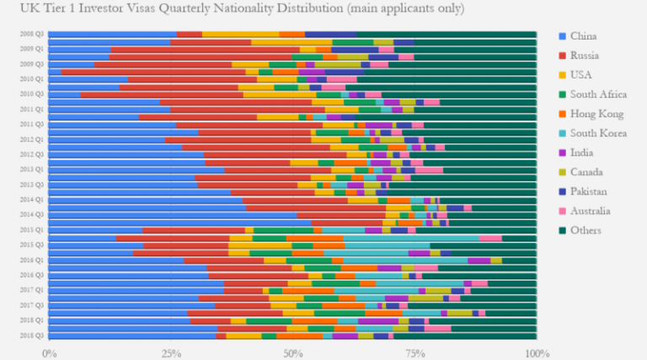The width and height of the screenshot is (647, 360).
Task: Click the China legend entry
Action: [x=584, y=36]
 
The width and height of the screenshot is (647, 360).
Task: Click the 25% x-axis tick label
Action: [x=171, y=352]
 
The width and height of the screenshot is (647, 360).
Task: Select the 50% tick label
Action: [x=292, y=352]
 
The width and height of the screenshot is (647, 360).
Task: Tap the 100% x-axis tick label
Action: [x=536, y=352]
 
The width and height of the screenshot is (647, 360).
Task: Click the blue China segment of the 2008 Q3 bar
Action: [x=113, y=34]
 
